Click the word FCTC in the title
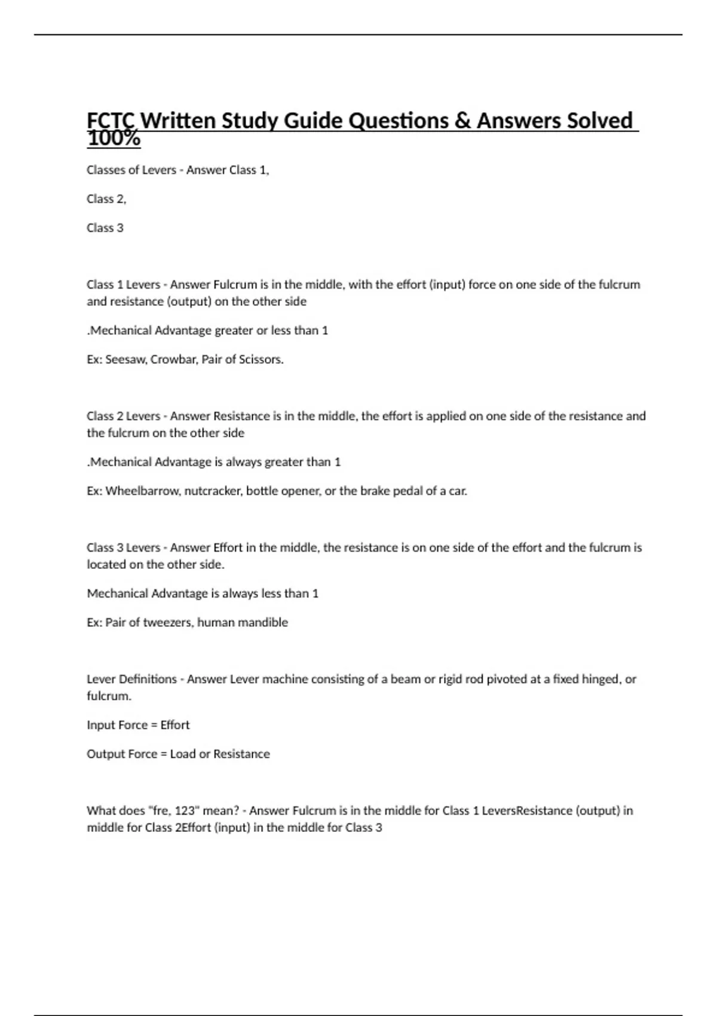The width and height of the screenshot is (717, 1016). [x=111, y=121]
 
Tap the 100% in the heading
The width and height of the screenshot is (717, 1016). [x=114, y=140]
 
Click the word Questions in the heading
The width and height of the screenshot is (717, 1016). [x=398, y=121]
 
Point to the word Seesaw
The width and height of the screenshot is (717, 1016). [x=125, y=359]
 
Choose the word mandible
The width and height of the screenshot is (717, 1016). [x=263, y=622]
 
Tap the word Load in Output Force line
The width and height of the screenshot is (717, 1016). [x=182, y=754]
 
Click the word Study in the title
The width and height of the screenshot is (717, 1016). [x=249, y=121]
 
